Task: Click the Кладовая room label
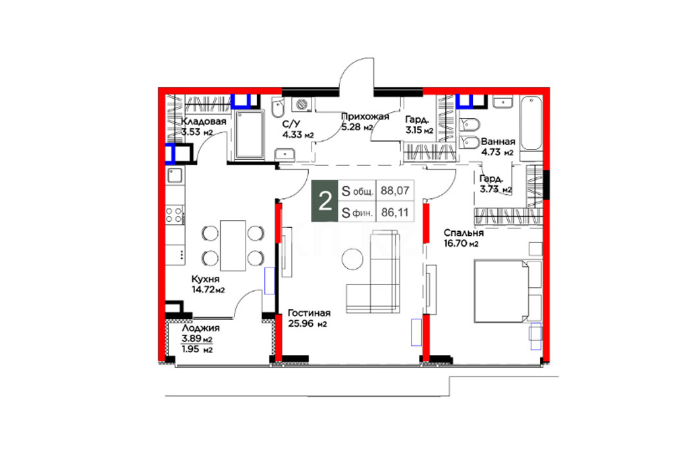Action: (x=203, y=121)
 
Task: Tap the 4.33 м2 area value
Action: (x=298, y=135)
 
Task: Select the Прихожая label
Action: (x=365, y=117)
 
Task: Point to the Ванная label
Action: (x=498, y=142)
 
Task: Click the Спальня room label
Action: (x=464, y=233)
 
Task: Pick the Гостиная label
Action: (x=309, y=313)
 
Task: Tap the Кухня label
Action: (x=205, y=279)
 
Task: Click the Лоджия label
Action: (x=201, y=328)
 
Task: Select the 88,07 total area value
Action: (x=395, y=190)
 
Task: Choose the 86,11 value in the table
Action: (x=395, y=213)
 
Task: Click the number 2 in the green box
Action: (x=325, y=202)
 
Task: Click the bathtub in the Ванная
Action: (x=531, y=123)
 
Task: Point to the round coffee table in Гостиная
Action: (x=354, y=259)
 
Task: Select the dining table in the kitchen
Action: (x=233, y=246)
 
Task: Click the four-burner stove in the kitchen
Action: (x=175, y=214)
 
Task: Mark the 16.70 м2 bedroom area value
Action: (x=461, y=244)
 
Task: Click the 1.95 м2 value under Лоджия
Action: (x=198, y=350)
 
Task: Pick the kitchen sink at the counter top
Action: (x=175, y=175)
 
